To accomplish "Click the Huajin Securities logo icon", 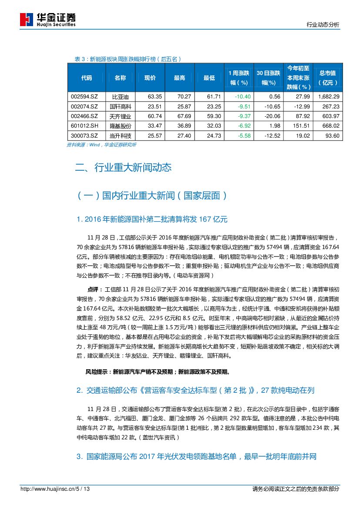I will [27, 20].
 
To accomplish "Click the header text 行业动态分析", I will [323, 25].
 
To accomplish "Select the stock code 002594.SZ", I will [86, 96].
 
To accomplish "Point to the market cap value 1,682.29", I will [329, 96].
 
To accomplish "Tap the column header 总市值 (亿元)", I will [327, 78].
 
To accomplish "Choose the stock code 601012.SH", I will [86, 126].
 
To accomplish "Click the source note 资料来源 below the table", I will [101, 144].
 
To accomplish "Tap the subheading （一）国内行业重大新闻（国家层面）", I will [152, 196].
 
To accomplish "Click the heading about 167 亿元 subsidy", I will [152, 219].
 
